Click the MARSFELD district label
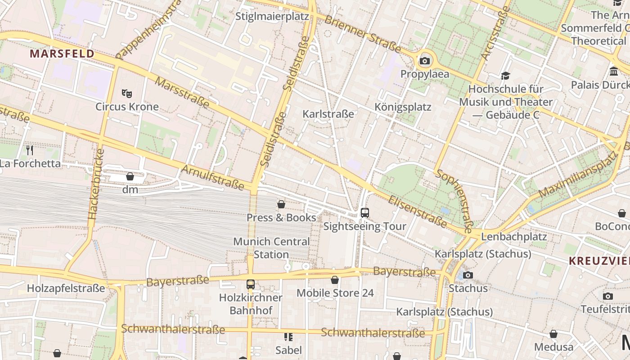(x=62, y=54)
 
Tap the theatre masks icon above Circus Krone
(x=127, y=94)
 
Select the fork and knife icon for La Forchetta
(x=30, y=150)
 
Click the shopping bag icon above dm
(x=130, y=176)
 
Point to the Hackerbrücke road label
(x=94, y=184)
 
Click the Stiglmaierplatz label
(x=273, y=17)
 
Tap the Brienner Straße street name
(x=362, y=34)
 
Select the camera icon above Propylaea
(x=424, y=61)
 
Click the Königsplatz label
(x=403, y=107)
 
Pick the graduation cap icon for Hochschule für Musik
(x=506, y=76)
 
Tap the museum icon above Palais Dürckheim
(x=613, y=72)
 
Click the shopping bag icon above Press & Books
(x=281, y=204)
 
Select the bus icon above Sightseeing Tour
(x=365, y=212)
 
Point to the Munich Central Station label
(x=271, y=248)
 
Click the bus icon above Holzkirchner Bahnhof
(x=251, y=284)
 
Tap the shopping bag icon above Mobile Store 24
(x=335, y=280)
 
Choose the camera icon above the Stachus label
(x=468, y=275)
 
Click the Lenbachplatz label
(x=514, y=237)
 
